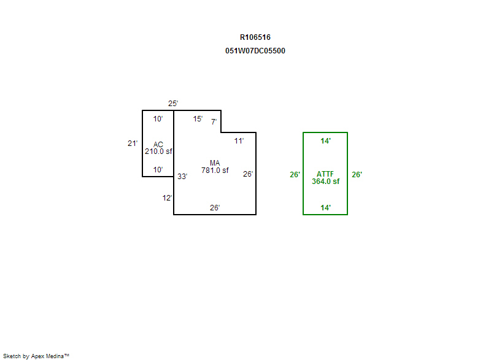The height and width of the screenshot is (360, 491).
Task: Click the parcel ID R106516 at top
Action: (x=255, y=37)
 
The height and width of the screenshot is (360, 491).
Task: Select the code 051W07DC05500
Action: (x=255, y=51)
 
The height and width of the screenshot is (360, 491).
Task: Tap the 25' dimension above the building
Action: (x=173, y=104)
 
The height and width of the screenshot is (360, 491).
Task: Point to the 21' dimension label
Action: (x=133, y=144)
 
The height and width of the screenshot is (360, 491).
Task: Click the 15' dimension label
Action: (x=198, y=119)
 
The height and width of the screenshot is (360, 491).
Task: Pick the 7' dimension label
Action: (x=214, y=121)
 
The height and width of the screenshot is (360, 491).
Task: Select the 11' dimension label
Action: (x=239, y=140)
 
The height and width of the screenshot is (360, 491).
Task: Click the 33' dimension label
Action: (x=182, y=177)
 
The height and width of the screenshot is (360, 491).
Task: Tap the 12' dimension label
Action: (x=167, y=198)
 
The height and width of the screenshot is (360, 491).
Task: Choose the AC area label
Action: (x=158, y=145)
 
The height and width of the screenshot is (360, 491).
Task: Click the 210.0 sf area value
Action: (x=158, y=151)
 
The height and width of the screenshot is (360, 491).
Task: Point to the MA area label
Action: (x=215, y=163)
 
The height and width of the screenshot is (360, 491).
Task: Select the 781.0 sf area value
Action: (x=215, y=170)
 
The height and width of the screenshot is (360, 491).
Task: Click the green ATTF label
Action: (x=325, y=174)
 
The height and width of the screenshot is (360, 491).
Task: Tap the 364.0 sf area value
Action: (x=326, y=181)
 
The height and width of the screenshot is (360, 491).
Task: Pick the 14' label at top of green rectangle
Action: (x=326, y=140)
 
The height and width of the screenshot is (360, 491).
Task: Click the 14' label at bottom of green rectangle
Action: (x=326, y=208)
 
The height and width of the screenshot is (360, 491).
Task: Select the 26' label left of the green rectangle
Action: (x=295, y=175)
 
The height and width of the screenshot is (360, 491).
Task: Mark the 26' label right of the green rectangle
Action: (x=357, y=175)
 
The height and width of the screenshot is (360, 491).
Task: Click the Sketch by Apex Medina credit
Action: (x=36, y=356)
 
